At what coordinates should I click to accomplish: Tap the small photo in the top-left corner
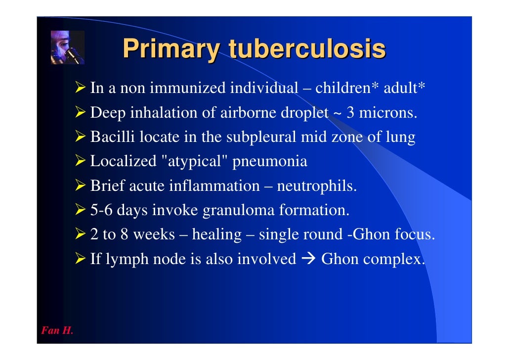[x=67, y=47]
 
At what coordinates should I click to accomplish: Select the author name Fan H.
[x=57, y=331]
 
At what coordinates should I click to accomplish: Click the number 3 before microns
[x=350, y=113]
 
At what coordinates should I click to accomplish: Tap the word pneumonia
[x=275, y=161]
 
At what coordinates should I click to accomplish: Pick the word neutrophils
[x=316, y=186]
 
